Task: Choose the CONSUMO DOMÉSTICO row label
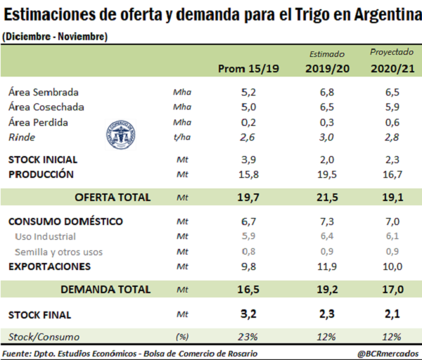click(x=65, y=221)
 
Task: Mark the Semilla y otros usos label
click(x=58, y=251)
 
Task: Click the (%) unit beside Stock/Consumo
click(x=181, y=337)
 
